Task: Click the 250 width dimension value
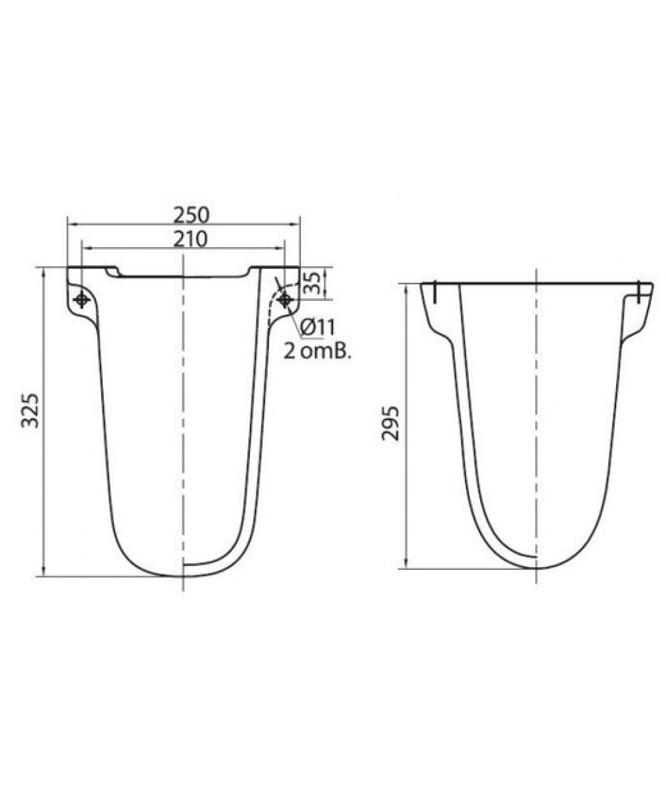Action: tap(191, 215)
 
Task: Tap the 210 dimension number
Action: tap(190, 239)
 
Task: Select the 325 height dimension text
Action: tap(30, 410)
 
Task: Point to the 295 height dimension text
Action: tap(390, 423)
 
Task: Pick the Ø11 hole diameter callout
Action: tap(318, 327)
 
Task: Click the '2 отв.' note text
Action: tap(317, 352)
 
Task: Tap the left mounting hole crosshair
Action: tap(81, 299)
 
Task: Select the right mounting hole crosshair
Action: tap(284, 300)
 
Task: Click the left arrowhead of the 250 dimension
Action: tap(71, 225)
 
